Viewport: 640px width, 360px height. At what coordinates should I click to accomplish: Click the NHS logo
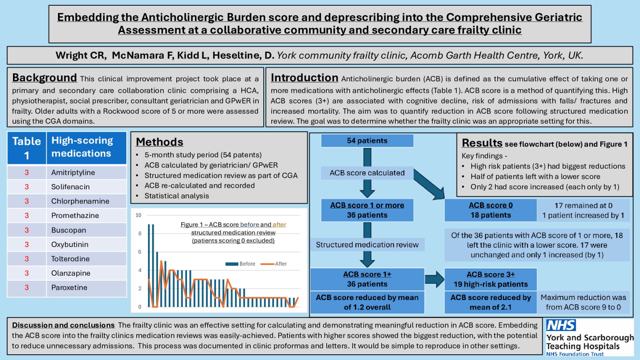pyautogui.click(x=561, y=325)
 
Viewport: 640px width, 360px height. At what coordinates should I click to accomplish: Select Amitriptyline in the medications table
pyautogui.click(x=73, y=173)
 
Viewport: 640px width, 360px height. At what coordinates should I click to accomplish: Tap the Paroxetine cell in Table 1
pyautogui.click(x=69, y=288)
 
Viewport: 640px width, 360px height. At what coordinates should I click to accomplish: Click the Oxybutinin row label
pyautogui.click(x=70, y=245)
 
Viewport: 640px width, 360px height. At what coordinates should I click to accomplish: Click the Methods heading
pyautogui.click(x=160, y=142)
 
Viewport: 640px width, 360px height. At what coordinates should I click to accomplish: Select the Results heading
pyautogui.click(x=482, y=143)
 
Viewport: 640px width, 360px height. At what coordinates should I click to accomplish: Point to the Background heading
pyautogui.click(x=44, y=77)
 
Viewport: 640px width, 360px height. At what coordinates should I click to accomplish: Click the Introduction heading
pyautogui.click(x=304, y=77)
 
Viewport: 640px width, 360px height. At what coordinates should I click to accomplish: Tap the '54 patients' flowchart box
pyautogui.click(x=367, y=141)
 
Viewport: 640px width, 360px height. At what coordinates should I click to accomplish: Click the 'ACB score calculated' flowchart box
pyautogui.click(x=367, y=173)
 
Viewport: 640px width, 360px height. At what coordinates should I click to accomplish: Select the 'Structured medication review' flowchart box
pyautogui.click(x=367, y=245)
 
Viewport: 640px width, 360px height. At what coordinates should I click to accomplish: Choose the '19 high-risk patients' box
pyautogui.click(x=490, y=279)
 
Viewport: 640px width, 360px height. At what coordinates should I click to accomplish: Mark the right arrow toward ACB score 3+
pyautogui.click(x=434, y=279)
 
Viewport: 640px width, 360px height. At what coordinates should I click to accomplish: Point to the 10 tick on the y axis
pyautogui.click(x=138, y=215)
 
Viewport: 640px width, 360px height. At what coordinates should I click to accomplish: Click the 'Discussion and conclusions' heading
pyautogui.click(x=63, y=325)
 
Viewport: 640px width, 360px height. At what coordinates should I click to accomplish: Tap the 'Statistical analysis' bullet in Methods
pyautogui.click(x=176, y=196)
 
